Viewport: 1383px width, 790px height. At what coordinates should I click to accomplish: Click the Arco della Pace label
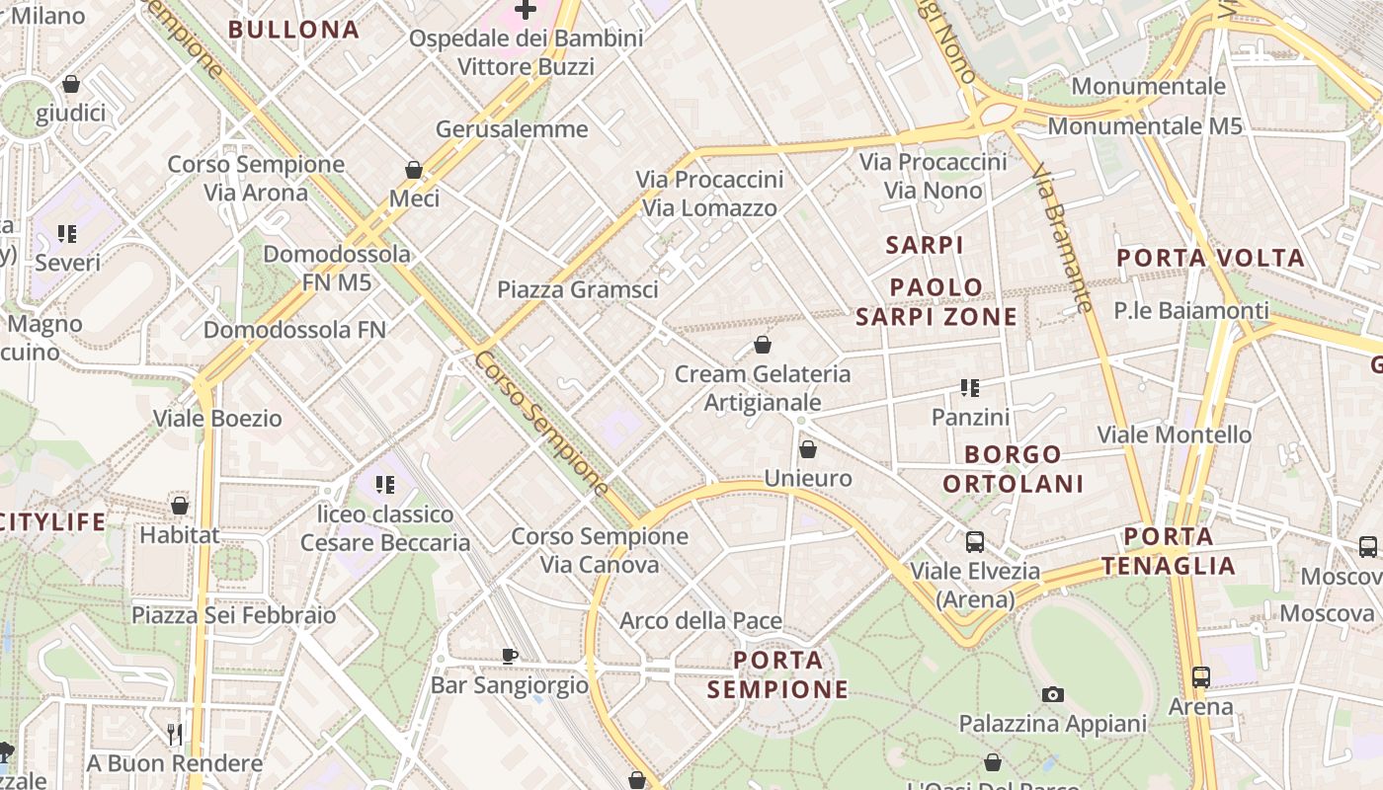click(x=700, y=621)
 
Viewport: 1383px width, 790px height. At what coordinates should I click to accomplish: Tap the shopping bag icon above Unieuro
click(x=808, y=449)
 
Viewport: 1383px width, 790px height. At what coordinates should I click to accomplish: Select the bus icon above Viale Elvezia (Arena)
click(x=975, y=541)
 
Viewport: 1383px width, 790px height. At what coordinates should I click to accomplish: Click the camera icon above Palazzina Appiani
click(x=1053, y=694)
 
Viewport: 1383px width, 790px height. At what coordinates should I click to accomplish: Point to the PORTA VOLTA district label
click(x=1210, y=259)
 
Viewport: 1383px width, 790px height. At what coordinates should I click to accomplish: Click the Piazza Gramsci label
click(x=577, y=289)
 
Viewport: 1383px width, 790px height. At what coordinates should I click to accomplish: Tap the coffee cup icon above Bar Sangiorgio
click(x=510, y=656)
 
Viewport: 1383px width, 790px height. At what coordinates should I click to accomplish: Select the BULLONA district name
click(x=293, y=30)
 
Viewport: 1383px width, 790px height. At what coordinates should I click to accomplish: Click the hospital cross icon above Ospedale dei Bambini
click(x=526, y=10)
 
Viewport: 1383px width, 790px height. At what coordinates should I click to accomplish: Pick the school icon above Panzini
click(x=970, y=388)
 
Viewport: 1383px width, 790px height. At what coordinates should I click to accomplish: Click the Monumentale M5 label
click(x=1144, y=126)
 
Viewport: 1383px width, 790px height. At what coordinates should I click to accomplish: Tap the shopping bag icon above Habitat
click(x=180, y=506)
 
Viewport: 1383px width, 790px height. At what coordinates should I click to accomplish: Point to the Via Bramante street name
click(x=1063, y=239)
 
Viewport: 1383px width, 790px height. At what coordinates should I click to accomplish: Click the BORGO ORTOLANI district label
click(x=1013, y=469)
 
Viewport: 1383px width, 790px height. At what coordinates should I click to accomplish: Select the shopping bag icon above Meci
click(x=414, y=170)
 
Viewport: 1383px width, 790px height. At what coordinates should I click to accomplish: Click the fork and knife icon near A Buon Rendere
click(x=175, y=734)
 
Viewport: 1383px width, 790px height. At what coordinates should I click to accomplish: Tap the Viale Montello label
click(x=1174, y=434)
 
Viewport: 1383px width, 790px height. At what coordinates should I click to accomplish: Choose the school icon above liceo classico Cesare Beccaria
click(x=385, y=485)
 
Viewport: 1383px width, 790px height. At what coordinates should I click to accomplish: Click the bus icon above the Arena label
click(x=1201, y=677)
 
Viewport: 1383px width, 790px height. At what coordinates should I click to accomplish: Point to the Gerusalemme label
click(x=512, y=129)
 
